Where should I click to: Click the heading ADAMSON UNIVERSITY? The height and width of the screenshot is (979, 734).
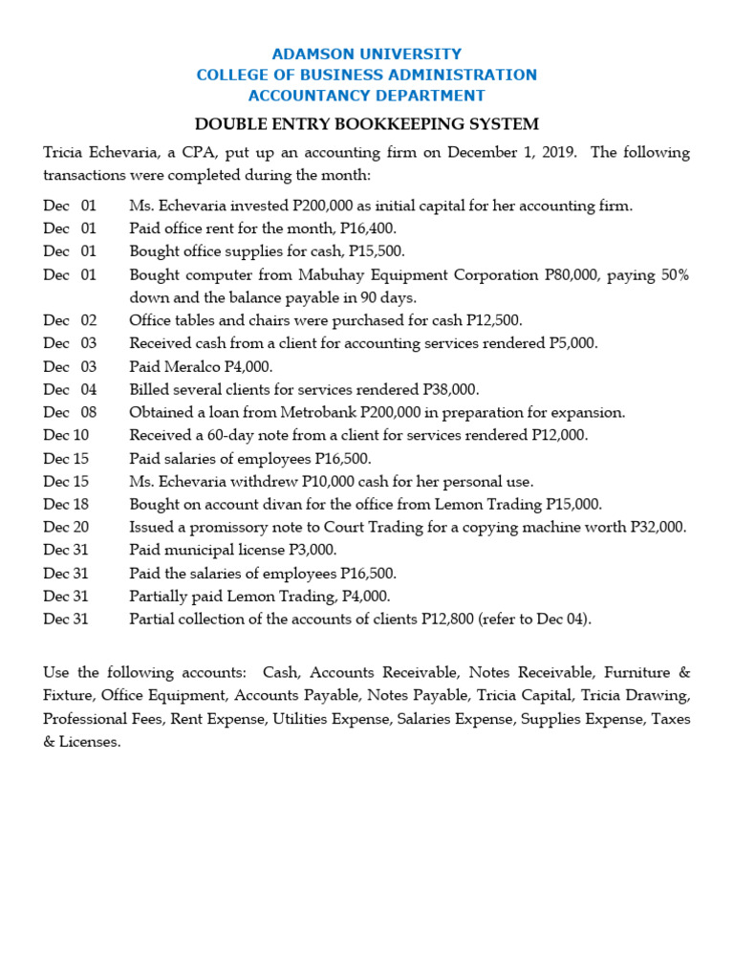point(367,54)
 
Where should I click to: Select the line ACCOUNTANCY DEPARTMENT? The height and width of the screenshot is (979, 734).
point(367,96)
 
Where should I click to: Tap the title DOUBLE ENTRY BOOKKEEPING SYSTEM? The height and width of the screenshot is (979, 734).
point(367,124)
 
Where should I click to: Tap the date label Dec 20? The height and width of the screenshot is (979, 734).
point(66,528)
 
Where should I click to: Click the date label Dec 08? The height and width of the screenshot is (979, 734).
point(70,413)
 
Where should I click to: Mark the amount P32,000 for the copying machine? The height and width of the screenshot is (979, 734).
point(658,528)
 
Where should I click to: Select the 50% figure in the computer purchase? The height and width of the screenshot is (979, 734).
point(673,275)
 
